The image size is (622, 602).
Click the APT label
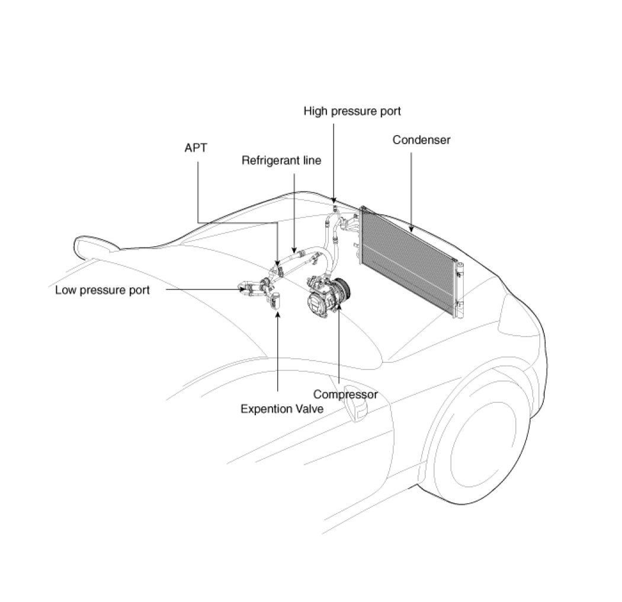point(196,148)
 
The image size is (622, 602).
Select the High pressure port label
point(352,111)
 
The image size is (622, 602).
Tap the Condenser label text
point(421,140)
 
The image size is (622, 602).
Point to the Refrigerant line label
point(281,160)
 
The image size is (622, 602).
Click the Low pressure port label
point(102,290)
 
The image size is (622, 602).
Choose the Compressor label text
point(345,394)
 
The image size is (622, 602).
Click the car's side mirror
point(358,409)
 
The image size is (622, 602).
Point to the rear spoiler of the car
point(95,246)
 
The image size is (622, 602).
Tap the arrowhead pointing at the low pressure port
point(239,289)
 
